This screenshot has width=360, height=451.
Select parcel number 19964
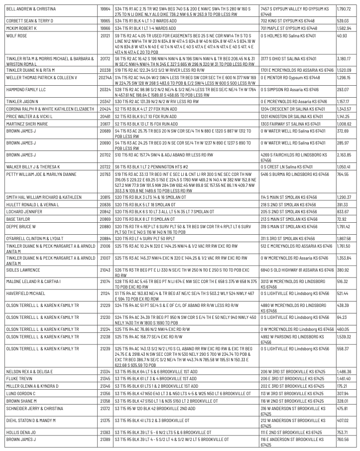(x=105, y=9)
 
